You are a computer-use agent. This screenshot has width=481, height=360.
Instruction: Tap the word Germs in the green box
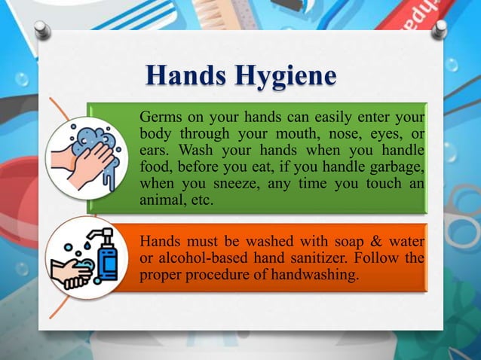point(160,118)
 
